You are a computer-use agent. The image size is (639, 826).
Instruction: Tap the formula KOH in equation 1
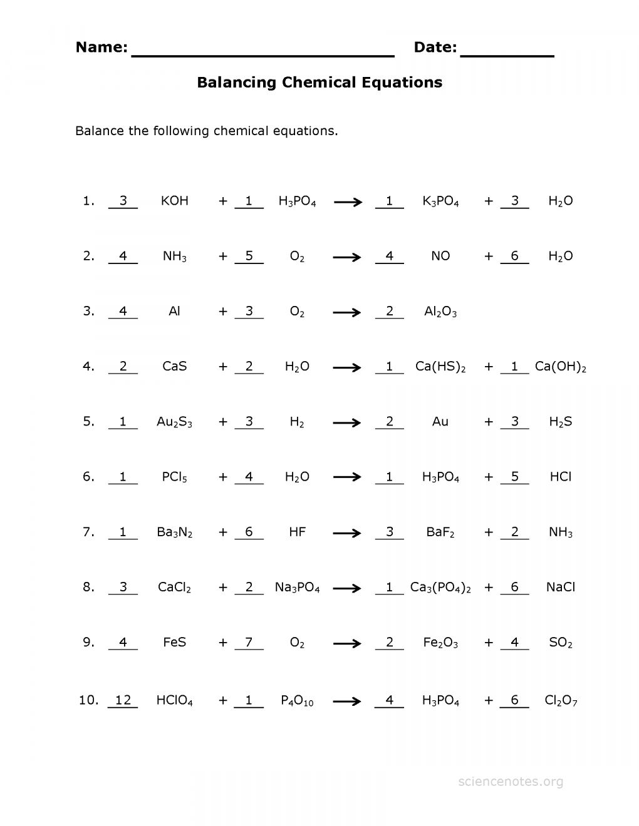click(x=174, y=201)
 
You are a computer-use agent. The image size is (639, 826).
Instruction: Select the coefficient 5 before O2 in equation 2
click(x=249, y=256)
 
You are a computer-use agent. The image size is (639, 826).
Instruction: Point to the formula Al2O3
click(x=440, y=312)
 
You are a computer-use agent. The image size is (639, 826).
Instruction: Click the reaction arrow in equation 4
click(x=347, y=367)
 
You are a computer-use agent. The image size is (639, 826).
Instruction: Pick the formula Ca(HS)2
click(x=440, y=367)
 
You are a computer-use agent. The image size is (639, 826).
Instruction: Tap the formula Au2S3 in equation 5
click(x=174, y=422)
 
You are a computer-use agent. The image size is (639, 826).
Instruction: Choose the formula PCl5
click(x=174, y=477)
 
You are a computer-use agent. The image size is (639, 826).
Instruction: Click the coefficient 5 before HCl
click(x=514, y=477)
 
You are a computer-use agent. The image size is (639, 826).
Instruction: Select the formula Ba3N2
click(x=174, y=533)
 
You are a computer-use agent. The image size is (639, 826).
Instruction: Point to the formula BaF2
click(x=440, y=533)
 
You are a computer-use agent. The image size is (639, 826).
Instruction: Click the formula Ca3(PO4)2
click(x=440, y=588)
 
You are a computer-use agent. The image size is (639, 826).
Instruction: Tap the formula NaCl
click(x=560, y=587)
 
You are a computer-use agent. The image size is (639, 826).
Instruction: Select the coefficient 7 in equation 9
click(x=249, y=642)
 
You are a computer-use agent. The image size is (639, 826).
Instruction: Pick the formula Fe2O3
click(x=440, y=643)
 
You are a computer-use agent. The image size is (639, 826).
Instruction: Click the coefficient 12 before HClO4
click(x=123, y=700)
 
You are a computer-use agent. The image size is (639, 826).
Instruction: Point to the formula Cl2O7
click(x=561, y=701)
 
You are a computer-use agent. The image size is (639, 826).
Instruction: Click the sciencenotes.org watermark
click(x=511, y=782)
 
